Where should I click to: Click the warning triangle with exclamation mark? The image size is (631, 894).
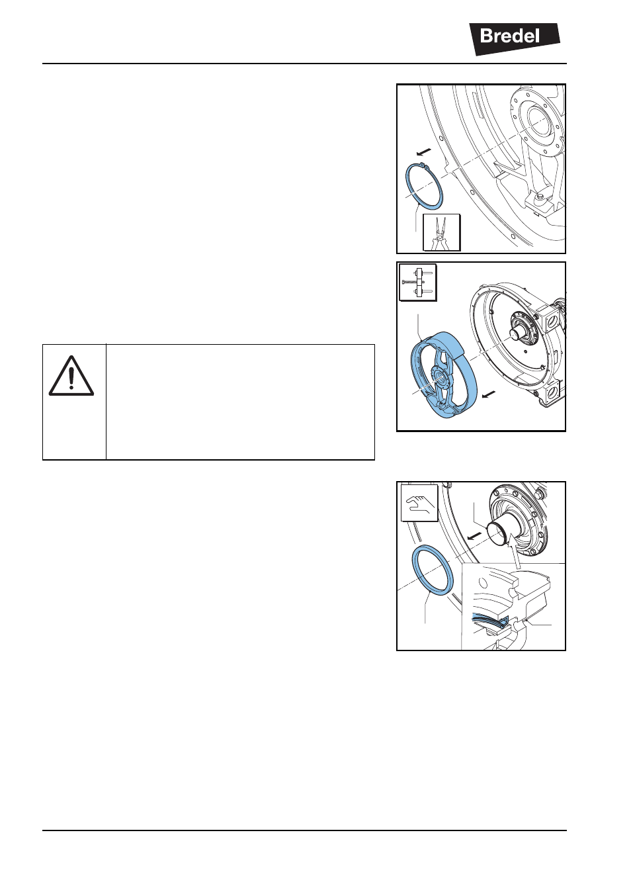tap(71, 375)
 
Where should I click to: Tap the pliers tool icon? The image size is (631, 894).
tap(442, 233)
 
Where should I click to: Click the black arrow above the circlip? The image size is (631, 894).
tap(423, 152)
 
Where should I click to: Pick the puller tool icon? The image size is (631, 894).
tap(418, 282)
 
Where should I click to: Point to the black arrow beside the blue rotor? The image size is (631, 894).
tap(489, 394)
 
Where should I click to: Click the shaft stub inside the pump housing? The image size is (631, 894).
tap(518, 332)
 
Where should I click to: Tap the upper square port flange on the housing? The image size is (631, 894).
tap(552, 320)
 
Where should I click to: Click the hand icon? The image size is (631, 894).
tap(419, 503)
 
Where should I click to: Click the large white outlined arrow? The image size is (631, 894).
tap(515, 553)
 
